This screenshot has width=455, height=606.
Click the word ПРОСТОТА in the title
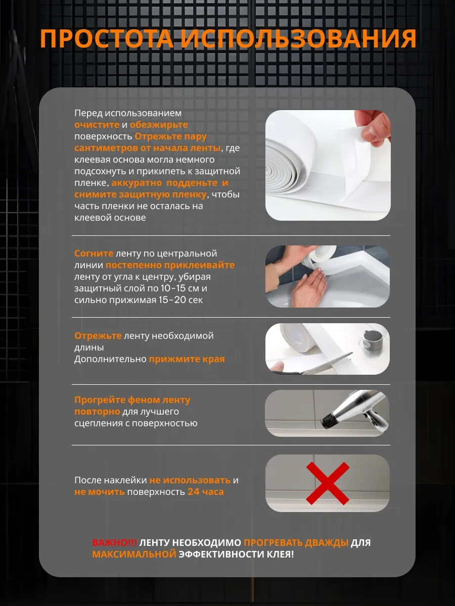(x=107, y=39)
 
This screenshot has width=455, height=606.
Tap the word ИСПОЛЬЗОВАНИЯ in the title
(x=299, y=39)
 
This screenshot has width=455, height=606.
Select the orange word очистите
(x=97, y=125)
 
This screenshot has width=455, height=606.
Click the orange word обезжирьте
(x=159, y=125)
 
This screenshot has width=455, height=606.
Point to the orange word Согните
(x=94, y=254)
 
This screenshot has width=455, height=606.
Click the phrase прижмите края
(x=187, y=359)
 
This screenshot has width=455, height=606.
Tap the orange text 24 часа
(x=206, y=492)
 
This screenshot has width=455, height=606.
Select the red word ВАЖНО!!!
(x=114, y=542)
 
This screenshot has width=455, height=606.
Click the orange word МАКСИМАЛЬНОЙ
(x=134, y=554)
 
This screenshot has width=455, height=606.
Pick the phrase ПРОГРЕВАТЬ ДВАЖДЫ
(x=296, y=542)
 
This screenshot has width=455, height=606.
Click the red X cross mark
(x=328, y=483)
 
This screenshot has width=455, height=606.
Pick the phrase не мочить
(x=100, y=492)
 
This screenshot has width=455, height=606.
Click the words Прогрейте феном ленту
(x=132, y=400)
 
